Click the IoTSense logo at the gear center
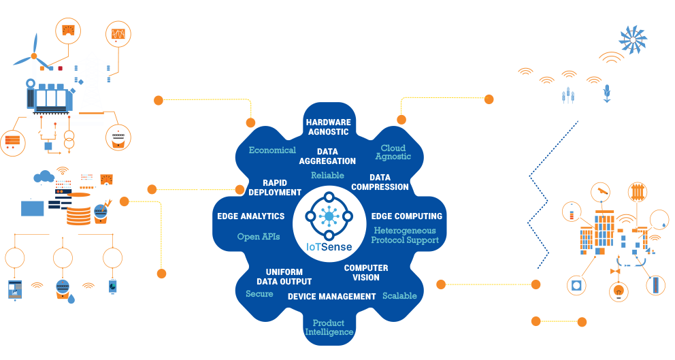click(x=329, y=220)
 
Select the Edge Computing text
click(x=406, y=216)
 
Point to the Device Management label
click(x=331, y=297)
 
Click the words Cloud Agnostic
click(x=393, y=152)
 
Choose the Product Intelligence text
click(x=329, y=327)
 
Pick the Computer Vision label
click(x=366, y=272)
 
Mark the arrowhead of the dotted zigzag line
click(x=578, y=120)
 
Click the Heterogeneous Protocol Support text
click(x=406, y=235)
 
